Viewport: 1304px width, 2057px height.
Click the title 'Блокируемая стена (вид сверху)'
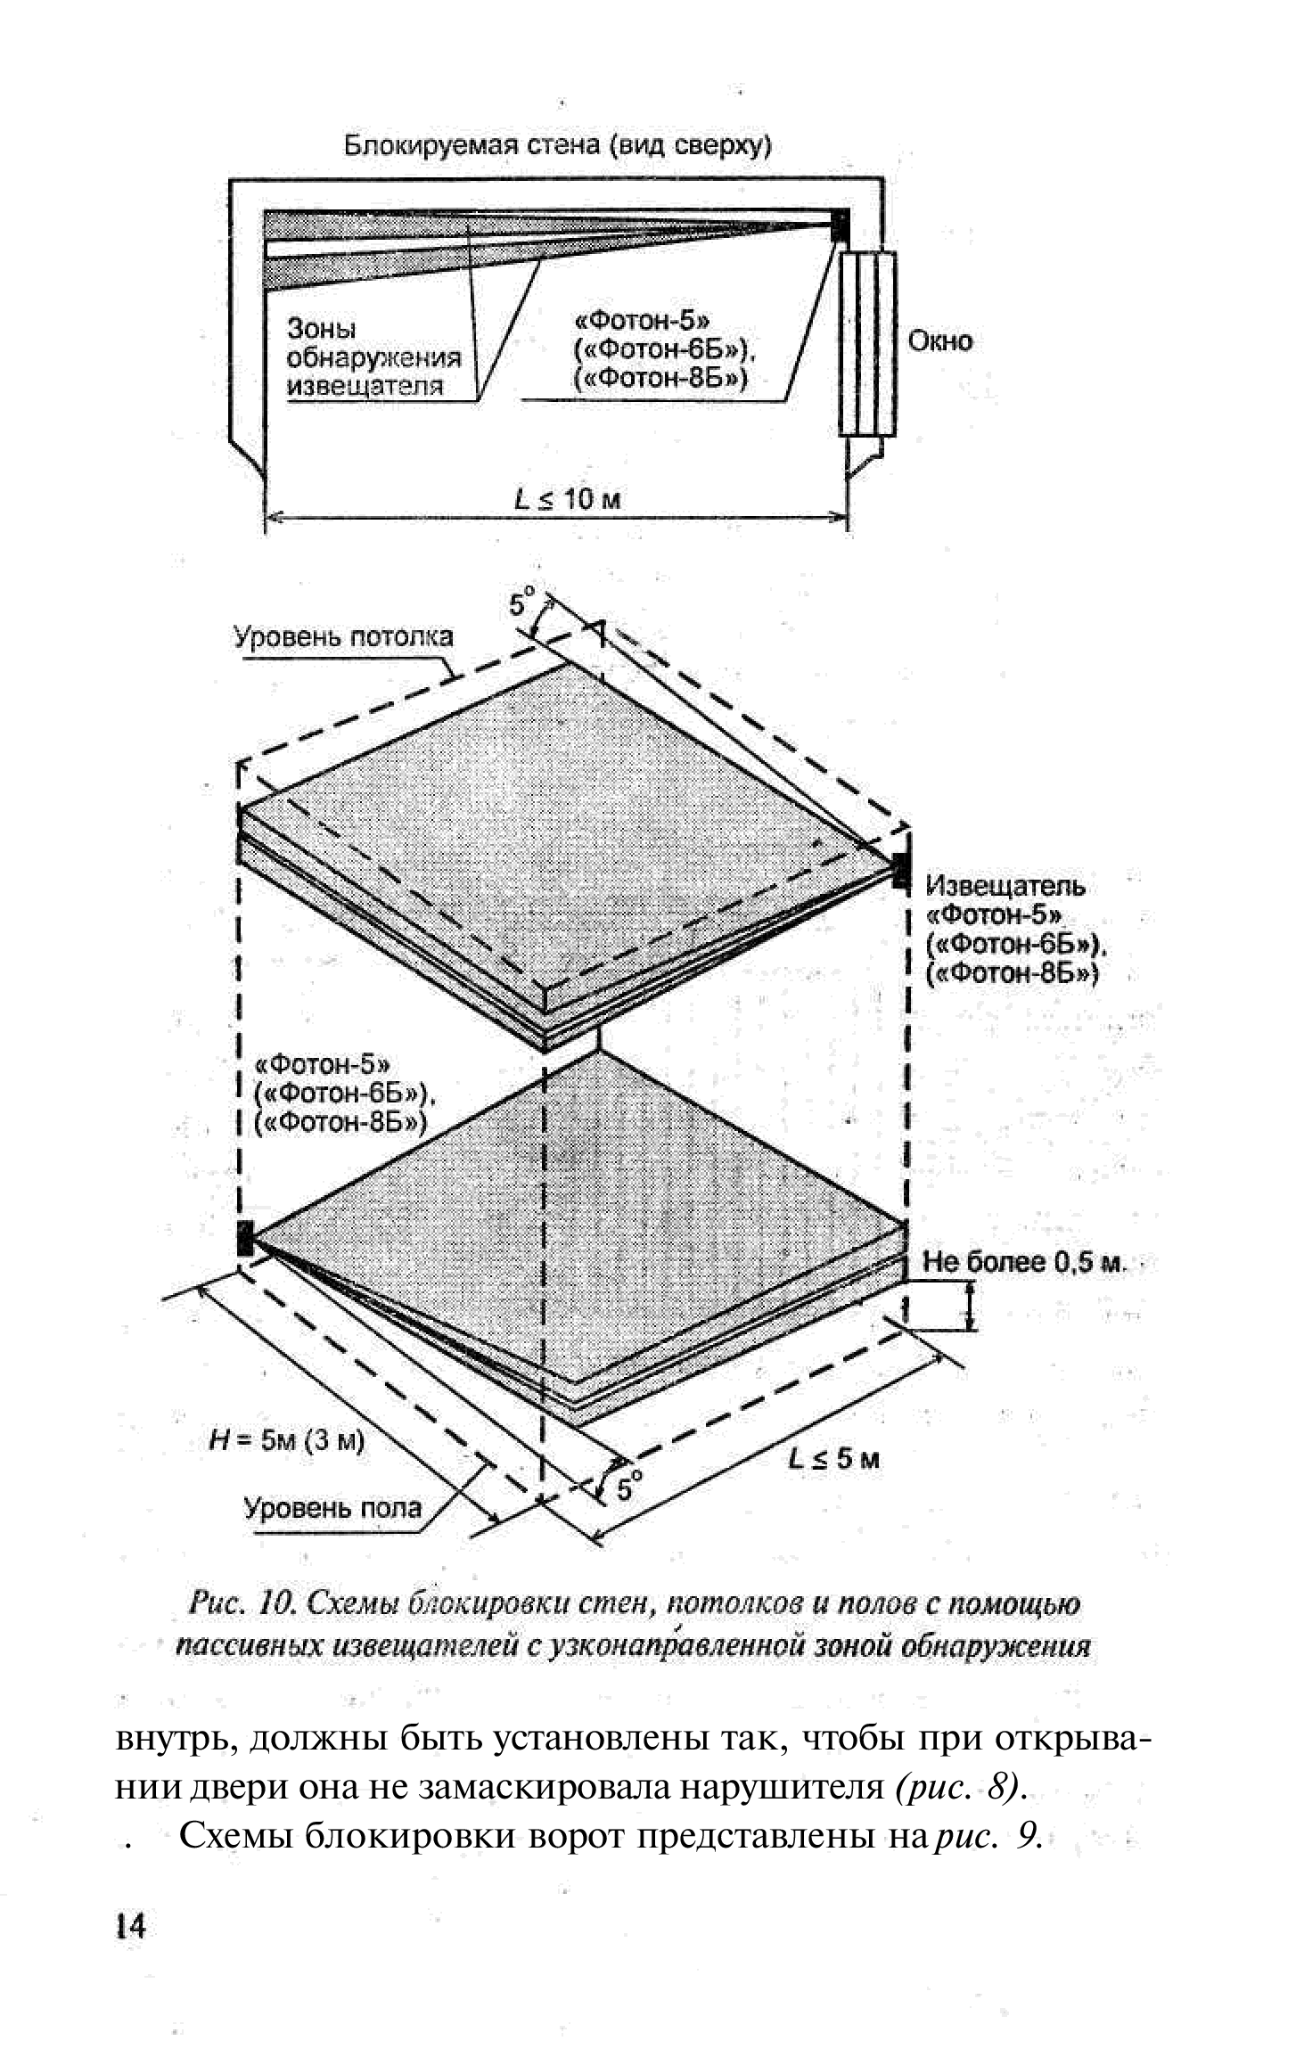(x=557, y=145)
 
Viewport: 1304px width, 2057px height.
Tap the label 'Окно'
(x=939, y=341)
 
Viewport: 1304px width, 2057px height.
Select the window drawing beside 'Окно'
(x=866, y=343)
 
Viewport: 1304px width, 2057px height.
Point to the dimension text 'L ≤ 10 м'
(x=568, y=499)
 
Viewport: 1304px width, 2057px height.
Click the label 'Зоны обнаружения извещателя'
(x=373, y=357)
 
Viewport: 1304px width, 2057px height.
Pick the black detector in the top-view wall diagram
(x=840, y=225)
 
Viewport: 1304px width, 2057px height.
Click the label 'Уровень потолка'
(x=343, y=637)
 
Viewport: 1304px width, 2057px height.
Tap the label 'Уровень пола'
(x=332, y=1508)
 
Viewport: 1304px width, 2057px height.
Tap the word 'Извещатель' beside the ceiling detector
(x=1005, y=886)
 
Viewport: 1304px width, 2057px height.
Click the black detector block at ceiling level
(x=900, y=868)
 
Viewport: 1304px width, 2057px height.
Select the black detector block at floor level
(x=245, y=1239)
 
